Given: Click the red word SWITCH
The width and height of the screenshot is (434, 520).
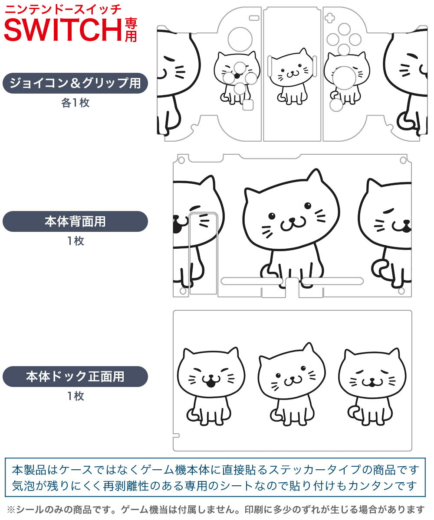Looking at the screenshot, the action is coord(63,29).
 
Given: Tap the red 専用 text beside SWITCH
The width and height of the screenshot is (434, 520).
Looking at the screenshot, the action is coord(131,30).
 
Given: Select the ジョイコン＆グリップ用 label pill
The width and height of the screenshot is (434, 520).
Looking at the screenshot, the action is coord(75,83).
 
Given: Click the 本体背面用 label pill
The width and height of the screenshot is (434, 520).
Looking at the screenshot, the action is coord(75,221).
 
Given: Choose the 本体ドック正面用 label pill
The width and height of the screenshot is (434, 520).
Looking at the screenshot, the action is coord(75,377).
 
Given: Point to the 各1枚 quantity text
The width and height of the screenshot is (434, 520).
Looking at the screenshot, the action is coord(76,103).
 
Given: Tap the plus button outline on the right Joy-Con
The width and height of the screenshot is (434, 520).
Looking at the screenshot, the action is coord(330,18).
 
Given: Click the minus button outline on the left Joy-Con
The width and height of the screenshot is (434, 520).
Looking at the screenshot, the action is coord(254,18).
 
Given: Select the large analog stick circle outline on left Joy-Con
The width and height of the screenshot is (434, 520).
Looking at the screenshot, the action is coord(240,39).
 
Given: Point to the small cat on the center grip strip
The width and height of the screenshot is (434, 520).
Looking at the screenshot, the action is coord(291,76).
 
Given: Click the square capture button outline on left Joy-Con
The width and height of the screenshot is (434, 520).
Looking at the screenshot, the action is coord(248,105).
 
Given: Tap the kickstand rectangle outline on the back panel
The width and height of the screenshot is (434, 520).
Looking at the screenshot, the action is coord(203,253).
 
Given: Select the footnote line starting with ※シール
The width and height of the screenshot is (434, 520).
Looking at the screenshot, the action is coord(216,510).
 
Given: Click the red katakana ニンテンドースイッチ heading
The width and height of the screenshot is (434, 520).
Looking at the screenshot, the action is coord(63,10).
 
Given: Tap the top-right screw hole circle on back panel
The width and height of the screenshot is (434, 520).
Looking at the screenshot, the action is coord(403,160).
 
